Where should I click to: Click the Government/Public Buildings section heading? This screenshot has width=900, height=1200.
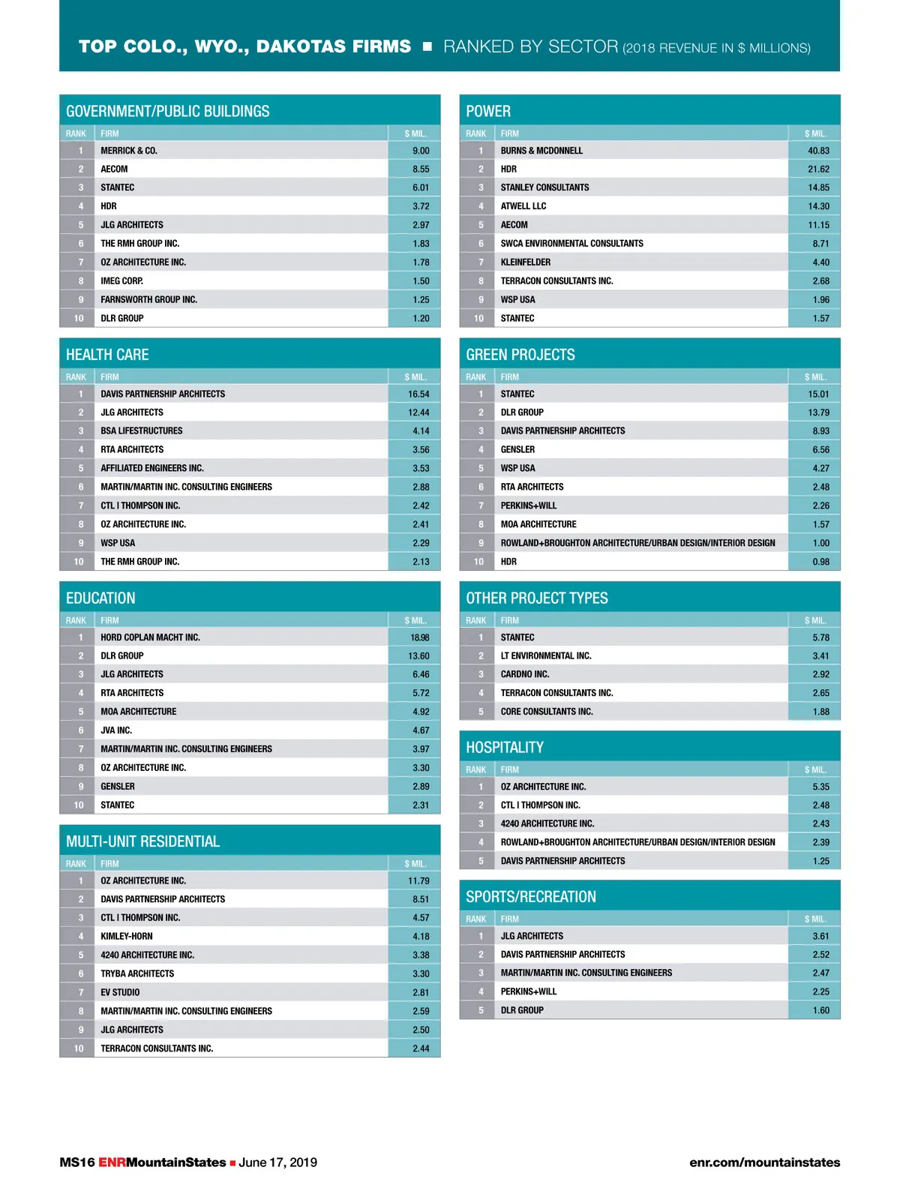(167, 112)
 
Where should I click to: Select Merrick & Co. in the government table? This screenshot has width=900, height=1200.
(129, 151)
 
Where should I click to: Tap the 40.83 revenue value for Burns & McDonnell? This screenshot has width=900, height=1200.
(818, 151)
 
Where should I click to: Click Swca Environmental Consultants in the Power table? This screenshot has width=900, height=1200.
(571, 244)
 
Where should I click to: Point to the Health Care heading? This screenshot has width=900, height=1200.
(107, 355)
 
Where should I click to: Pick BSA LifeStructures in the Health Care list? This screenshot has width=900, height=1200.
(141, 431)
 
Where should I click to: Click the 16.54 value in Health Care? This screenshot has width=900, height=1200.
(418, 394)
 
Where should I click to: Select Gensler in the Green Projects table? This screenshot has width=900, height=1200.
(517, 450)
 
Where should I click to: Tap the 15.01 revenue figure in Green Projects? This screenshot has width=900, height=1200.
(818, 394)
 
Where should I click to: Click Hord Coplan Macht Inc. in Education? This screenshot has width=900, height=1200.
(150, 637)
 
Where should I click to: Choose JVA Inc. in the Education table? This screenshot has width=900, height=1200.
(116, 730)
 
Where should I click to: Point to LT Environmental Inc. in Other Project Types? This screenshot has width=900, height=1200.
(546, 656)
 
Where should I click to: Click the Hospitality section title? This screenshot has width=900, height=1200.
(505, 748)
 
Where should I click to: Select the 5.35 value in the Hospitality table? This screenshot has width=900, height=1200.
(820, 787)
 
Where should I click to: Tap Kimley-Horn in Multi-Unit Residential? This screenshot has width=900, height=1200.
(126, 937)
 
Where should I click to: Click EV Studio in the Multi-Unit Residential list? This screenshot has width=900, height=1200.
(120, 992)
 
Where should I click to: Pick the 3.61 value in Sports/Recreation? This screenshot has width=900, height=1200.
(820, 936)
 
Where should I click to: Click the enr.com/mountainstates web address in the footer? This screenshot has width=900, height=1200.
(764, 1162)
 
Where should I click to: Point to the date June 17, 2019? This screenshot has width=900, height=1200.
(277, 1162)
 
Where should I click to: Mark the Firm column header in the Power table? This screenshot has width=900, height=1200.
(510, 133)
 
